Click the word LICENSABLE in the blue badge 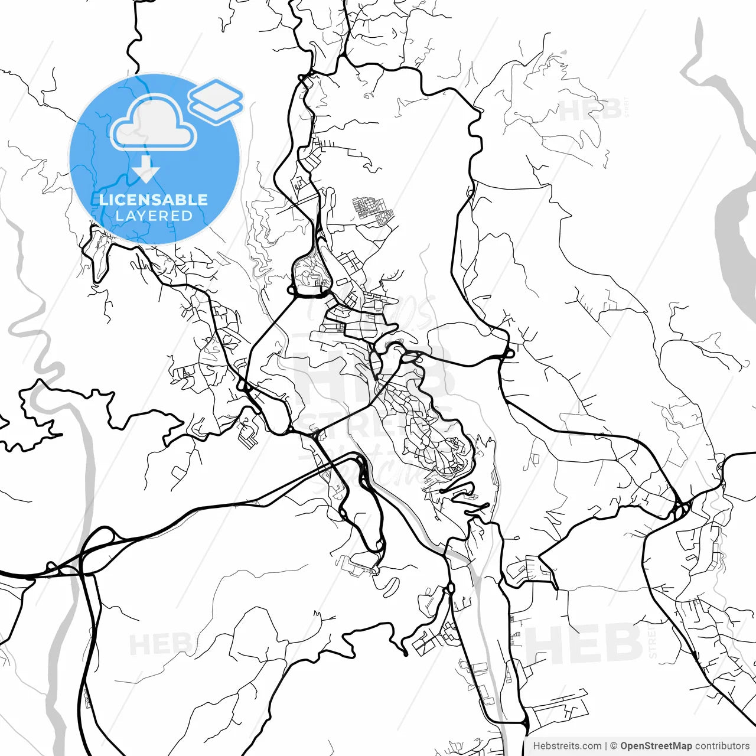pyautogui.click(x=154, y=200)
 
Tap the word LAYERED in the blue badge pyautogui.click(x=154, y=216)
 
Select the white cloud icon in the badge pyautogui.click(x=154, y=123)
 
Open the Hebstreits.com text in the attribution pyautogui.click(x=567, y=746)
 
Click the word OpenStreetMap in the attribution pyautogui.click(x=656, y=746)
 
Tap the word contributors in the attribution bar pyautogui.click(x=722, y=746)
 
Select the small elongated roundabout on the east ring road pyautogui.click(x=507, y=354)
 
